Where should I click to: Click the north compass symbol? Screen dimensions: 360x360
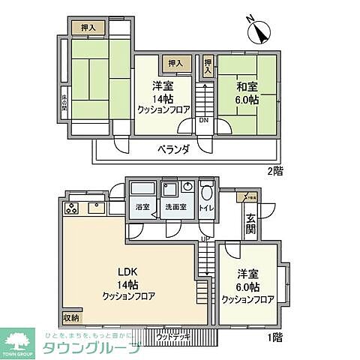[x=260, y=31]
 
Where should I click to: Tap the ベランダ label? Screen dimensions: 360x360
[x=173, y=148]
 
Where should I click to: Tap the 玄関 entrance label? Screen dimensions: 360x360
[x=250, y=223]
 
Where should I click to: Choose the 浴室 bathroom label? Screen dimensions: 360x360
[x=142, y=206]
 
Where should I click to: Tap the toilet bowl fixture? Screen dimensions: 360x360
[x=208, y=188]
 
